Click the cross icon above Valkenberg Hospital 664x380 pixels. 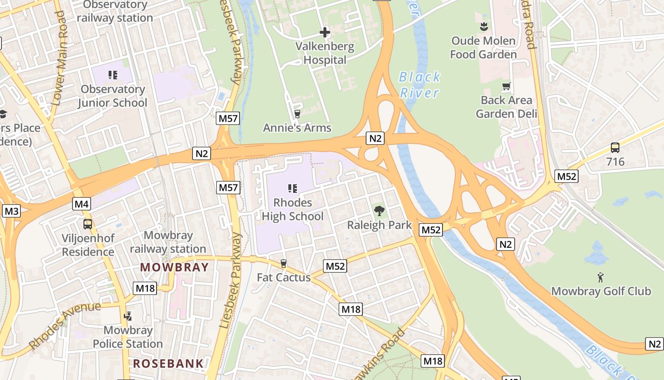point(325,32)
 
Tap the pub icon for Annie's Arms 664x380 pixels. point(297,114)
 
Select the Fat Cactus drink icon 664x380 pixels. point(284,263)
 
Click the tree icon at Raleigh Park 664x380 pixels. point(379,210)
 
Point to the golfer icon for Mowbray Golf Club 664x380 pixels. point(601,277)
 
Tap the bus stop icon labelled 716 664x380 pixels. point(615,148)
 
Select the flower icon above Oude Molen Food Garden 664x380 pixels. point(483,27)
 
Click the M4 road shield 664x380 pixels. point(82,204)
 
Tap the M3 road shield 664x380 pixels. point(11,211)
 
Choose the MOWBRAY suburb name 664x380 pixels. point(175,267)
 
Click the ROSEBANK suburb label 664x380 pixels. point(168,364)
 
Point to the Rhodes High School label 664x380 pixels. point(293,209)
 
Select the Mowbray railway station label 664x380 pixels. point(168,242)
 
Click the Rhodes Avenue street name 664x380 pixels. point(65,325)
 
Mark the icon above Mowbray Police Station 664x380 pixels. point(127,316)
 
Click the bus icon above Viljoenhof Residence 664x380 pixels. point(88,224)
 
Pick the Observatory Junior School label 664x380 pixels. point(112,96)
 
